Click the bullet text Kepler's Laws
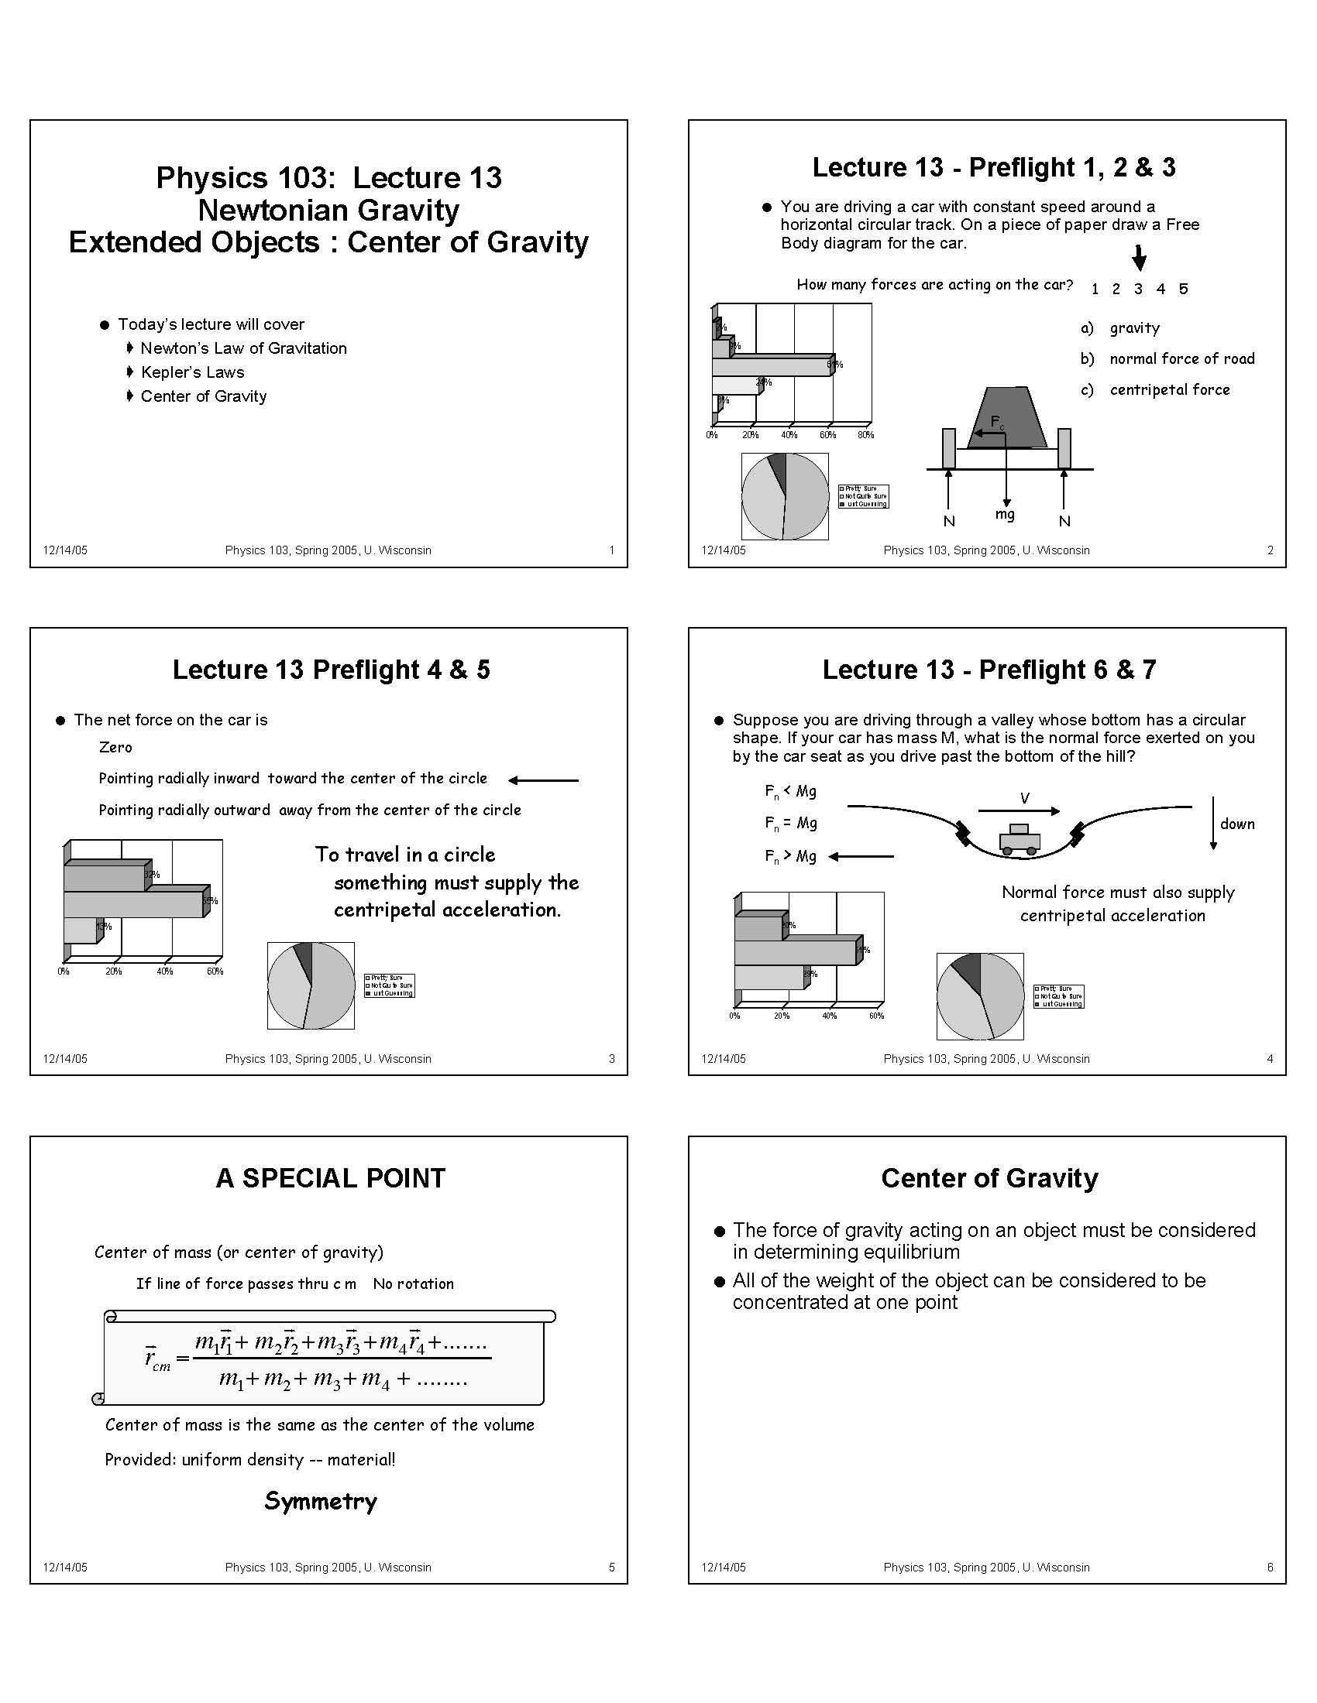coord(192,372)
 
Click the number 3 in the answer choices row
coord(1138,290)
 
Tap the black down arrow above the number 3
coord(1139,258)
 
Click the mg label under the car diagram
coord(1005,515)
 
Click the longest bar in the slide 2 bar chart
coord(772,365)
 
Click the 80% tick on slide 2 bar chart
coord(865,435)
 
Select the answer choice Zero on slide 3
coord(115,747)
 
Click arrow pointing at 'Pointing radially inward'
coord(544,780)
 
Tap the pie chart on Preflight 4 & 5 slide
coord(311,985)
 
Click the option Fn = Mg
coord(790,824)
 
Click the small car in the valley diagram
coord(1020,840)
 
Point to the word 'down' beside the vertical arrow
coord(1237,824)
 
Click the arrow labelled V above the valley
coord(1019,811)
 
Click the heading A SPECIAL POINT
coord(330,1177)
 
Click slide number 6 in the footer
coord(1270,1568)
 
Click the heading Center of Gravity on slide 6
coord(989,1177)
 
